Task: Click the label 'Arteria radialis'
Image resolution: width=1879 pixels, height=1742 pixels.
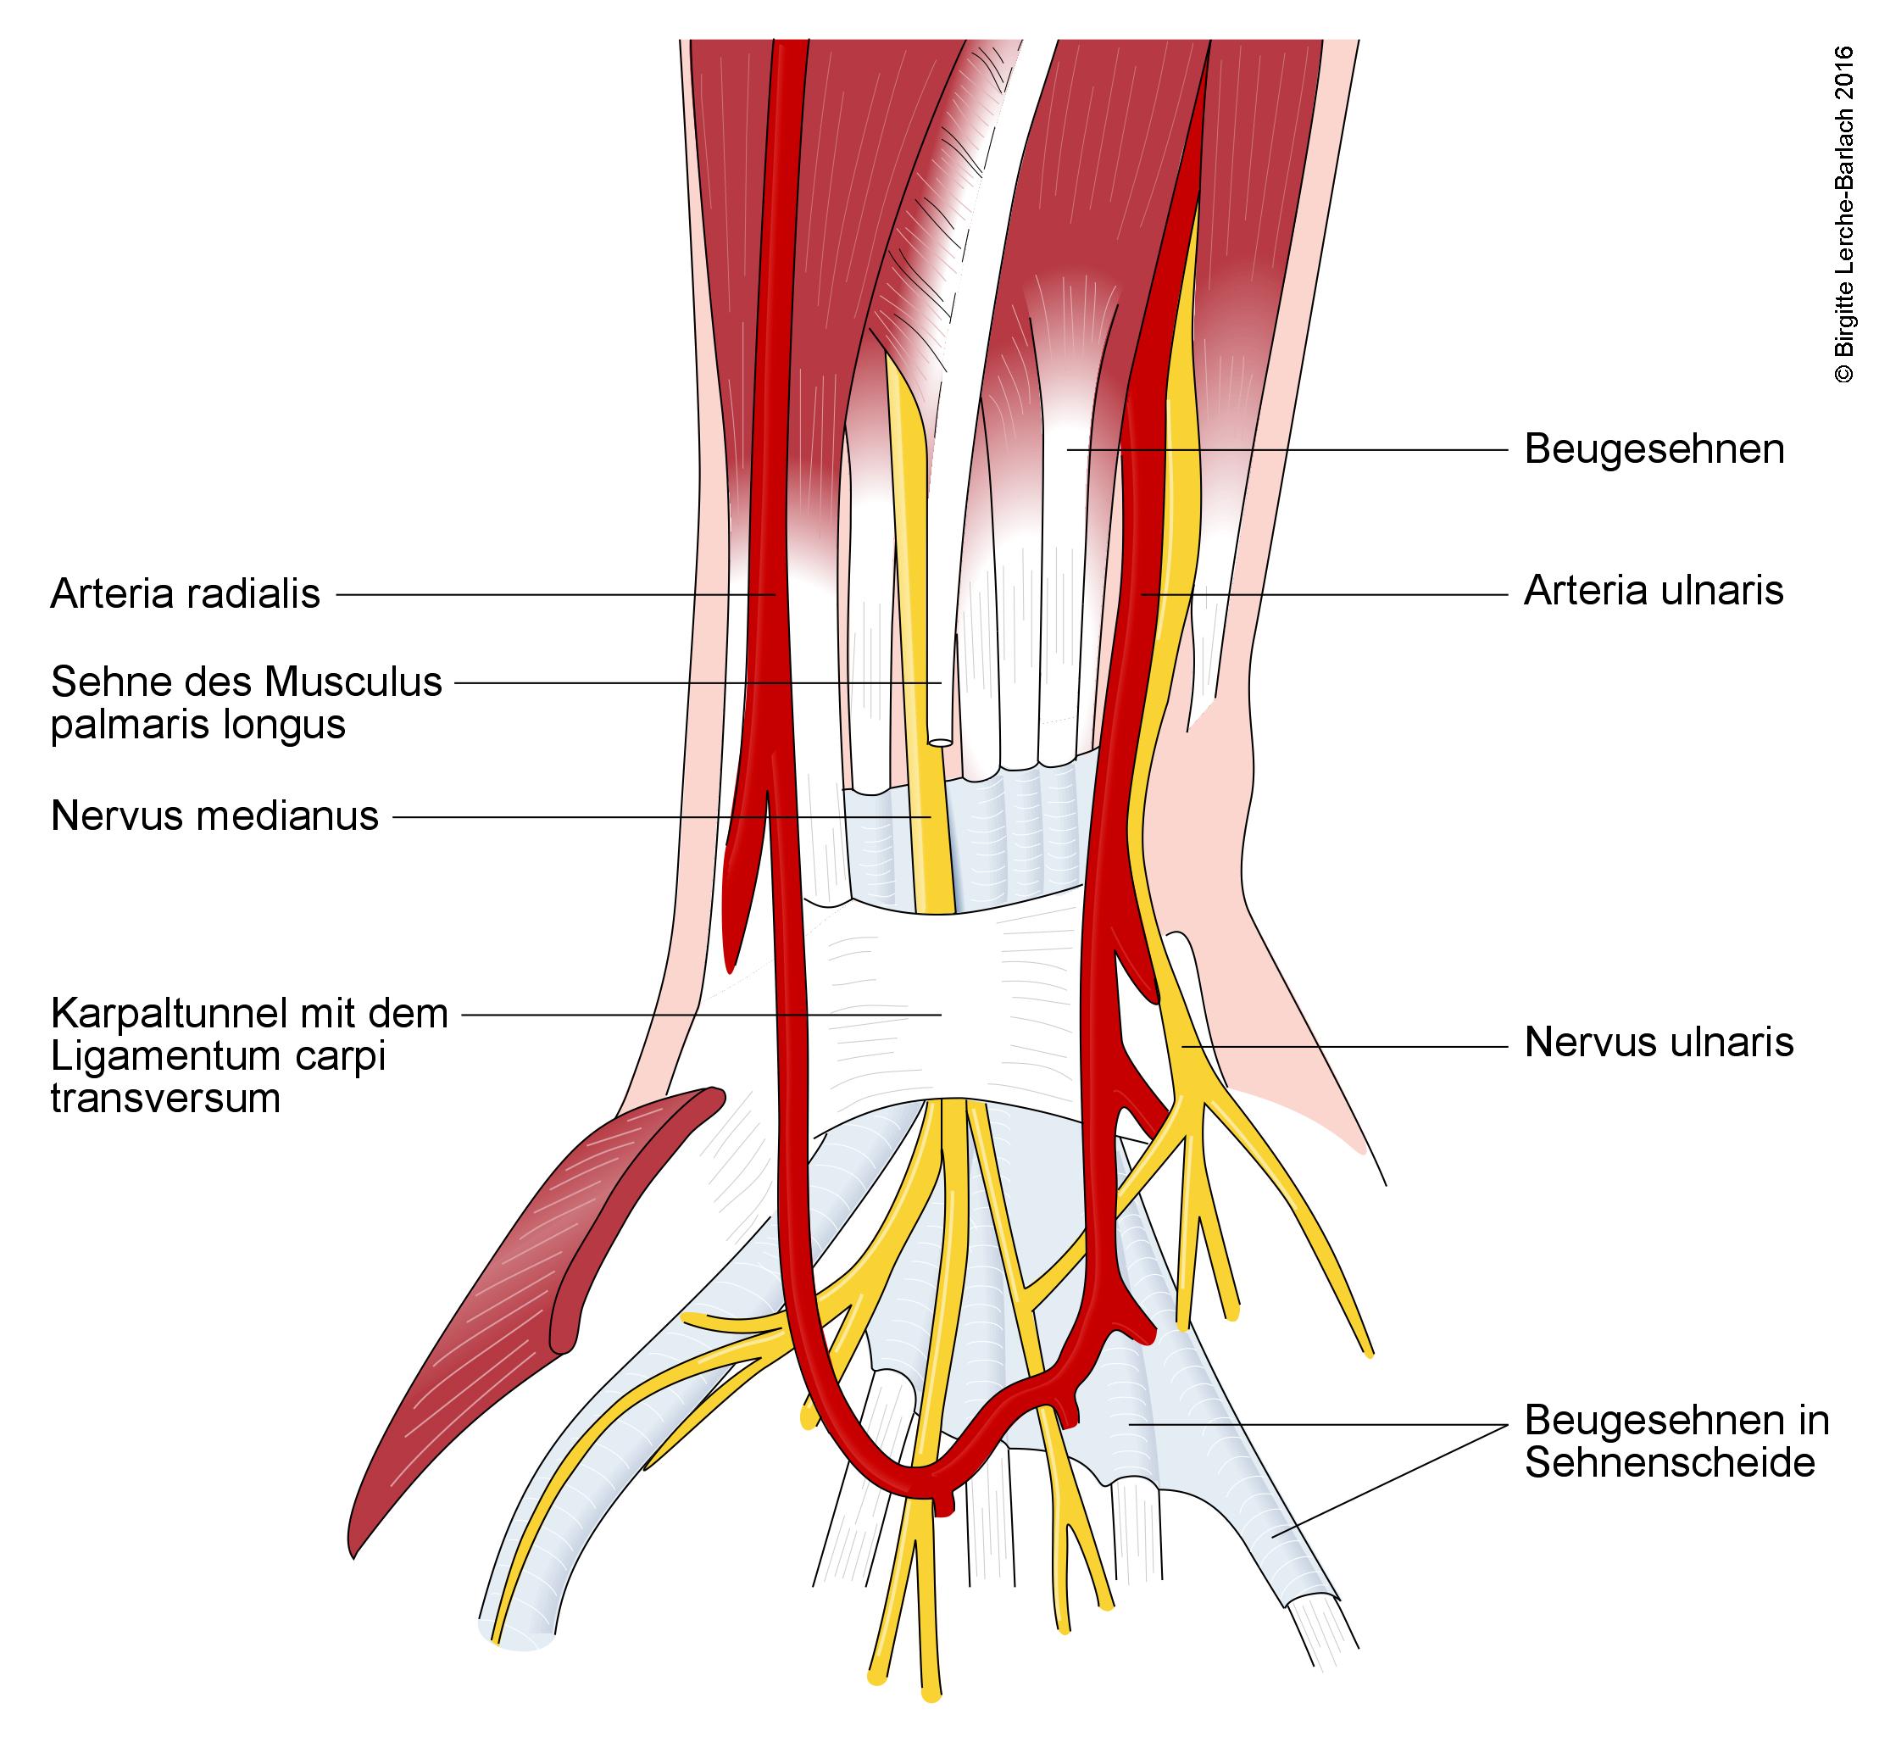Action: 185,595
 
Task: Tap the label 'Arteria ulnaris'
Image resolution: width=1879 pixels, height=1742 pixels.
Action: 1653,591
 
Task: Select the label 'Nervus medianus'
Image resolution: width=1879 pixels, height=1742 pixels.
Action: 214,816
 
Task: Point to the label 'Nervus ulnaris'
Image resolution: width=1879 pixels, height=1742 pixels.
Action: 1659,1043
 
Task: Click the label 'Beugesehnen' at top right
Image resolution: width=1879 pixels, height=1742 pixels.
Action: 1654,449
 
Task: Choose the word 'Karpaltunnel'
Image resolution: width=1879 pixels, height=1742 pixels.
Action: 169,1015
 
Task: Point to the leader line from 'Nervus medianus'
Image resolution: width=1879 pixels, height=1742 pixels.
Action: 659,817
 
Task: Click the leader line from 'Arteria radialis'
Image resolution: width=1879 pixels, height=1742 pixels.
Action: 556,595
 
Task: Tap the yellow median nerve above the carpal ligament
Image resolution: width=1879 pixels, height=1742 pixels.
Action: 928,849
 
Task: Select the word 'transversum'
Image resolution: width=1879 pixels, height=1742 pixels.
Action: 165,1099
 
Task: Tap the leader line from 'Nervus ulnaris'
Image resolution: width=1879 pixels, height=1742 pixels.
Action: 1348,1045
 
